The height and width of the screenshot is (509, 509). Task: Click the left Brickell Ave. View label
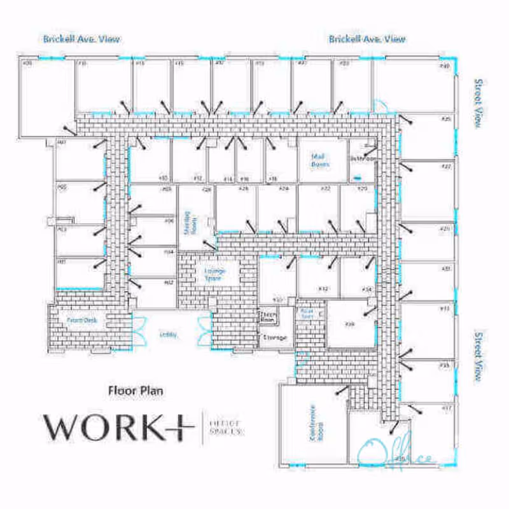81,39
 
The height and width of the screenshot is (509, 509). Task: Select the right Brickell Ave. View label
367,39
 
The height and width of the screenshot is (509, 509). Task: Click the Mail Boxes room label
320,160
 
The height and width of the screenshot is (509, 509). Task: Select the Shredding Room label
188,223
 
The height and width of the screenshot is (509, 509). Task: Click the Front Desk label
81,320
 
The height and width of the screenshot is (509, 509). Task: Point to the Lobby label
169,335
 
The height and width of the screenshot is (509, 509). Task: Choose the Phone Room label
267,317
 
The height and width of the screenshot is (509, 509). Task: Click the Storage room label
275,337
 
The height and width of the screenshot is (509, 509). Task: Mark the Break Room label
308,313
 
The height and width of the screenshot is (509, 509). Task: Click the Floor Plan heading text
136,390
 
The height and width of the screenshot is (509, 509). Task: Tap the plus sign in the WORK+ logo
179,427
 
